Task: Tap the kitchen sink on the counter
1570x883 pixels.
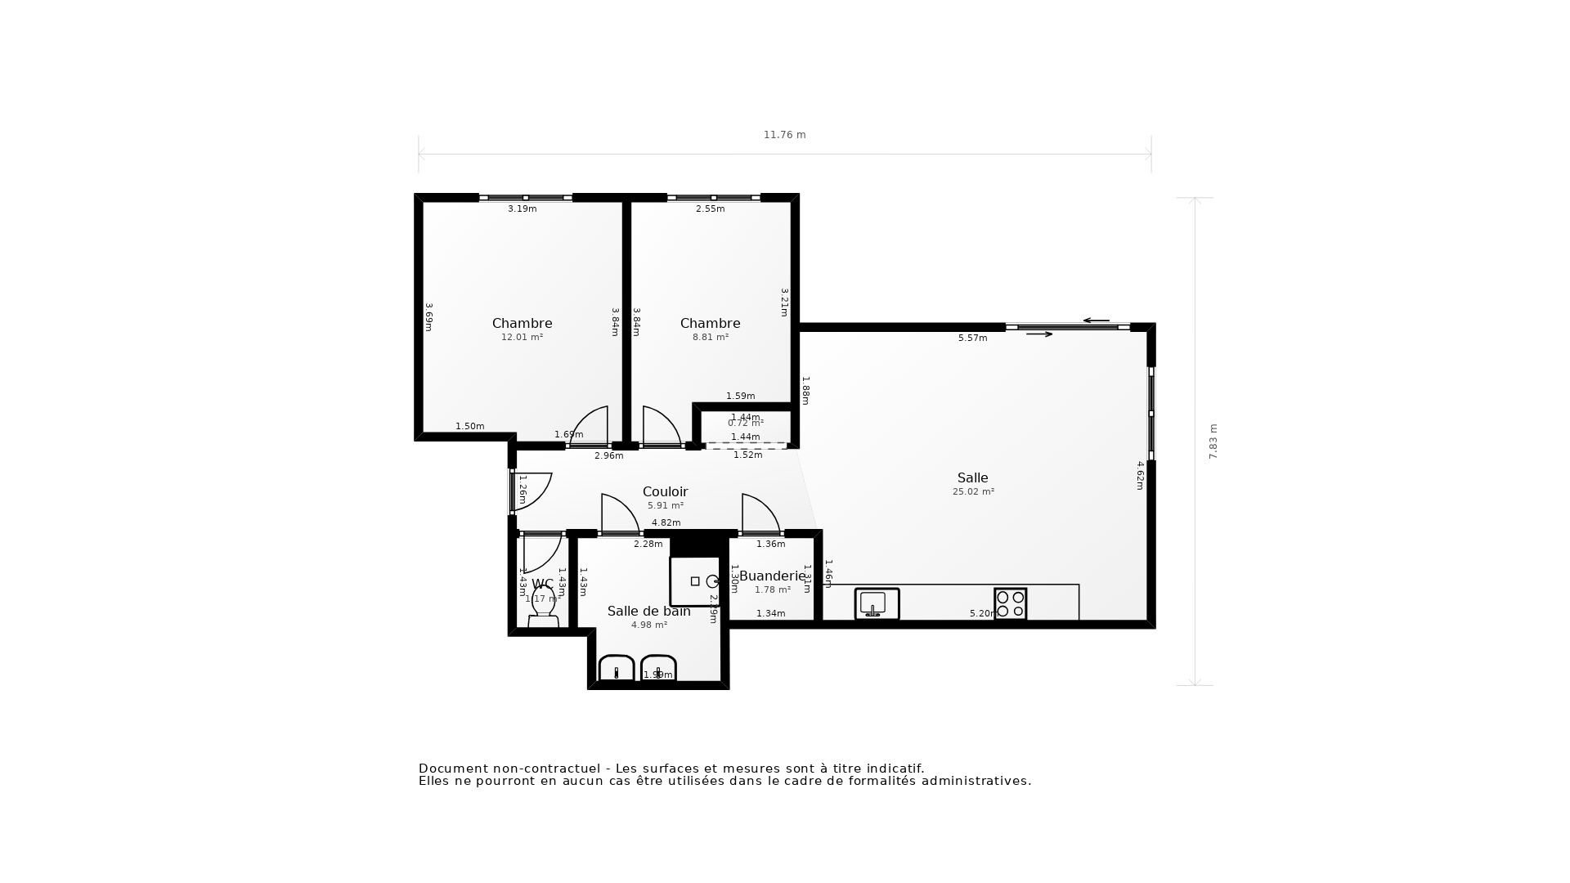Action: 877,604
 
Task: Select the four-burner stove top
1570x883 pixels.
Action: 1010,604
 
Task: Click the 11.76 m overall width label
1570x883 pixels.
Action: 784,135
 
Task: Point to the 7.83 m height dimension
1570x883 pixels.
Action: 1213,441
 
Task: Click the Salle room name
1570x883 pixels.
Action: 972,477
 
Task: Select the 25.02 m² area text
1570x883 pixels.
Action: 973,492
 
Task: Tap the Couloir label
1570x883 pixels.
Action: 665,491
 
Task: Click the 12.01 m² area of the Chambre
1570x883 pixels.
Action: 522,337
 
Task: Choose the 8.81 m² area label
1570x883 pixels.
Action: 710,337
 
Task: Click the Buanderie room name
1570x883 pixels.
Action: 772,576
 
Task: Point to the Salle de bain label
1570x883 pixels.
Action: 648,611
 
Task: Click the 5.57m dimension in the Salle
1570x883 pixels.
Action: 972,338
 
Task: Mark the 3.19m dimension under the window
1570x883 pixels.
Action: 522,208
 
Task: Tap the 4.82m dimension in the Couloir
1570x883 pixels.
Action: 666,522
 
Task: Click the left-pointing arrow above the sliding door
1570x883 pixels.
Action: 1096,320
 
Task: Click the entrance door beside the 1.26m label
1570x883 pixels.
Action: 530,491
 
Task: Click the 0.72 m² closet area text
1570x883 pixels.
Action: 745,424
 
